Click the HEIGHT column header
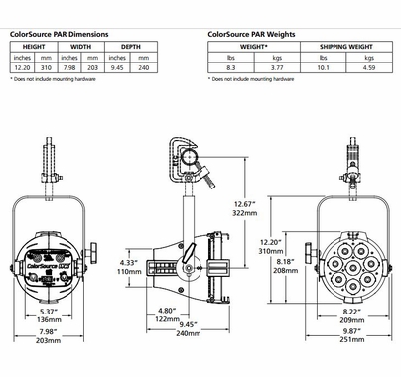(x=34, y=47)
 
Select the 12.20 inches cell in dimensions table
(x=22, y=68)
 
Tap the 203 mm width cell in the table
(x=93, y=68)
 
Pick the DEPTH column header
(x=131, y=47)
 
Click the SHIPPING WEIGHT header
(x=346, y=47)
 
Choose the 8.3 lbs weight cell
(x=231, y=68)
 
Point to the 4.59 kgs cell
(x=369, y=68)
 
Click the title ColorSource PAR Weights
(x=251, y=34)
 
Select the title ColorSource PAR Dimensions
(x=60, y=34)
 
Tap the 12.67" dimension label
(x=245, y=204)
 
